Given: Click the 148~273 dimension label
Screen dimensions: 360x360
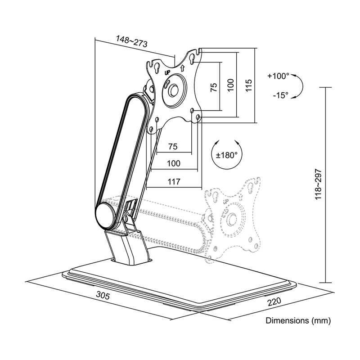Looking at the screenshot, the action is pyautogui.click(x=131, y=41).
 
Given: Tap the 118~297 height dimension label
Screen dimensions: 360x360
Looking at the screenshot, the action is pyautogui.click(x=318, y=184).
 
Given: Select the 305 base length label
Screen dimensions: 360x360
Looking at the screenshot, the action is pyautogui.click(x=103, y=295).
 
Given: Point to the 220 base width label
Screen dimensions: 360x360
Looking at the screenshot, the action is pyautogui.click(x=274, y=301).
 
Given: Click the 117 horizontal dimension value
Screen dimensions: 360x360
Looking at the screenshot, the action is pyautogui.click(x=174, y=182).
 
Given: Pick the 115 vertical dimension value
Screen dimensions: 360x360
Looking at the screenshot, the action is pyautogui.click(x=249, y=85).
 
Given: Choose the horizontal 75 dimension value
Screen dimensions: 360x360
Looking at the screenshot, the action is pyautogui.click(x=173, y=147).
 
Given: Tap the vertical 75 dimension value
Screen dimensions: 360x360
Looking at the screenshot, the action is pyautogui.click(x=213, y=87).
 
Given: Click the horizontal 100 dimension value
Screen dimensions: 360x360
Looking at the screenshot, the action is pyautogui.click(x=174, y=163).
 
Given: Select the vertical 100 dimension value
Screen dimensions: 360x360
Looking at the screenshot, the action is pyautogui.click(x=231, y=85).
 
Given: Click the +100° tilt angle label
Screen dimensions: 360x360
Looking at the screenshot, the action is pyautogui.click(x=278, y=76).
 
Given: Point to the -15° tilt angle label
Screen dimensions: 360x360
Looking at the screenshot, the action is pyautogui.click(x=280, y=95).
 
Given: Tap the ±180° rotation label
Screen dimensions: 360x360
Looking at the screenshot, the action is pyautogui.click(x=226, y=155).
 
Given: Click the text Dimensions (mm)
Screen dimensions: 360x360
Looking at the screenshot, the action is pyautogui.click(x=298, y=320).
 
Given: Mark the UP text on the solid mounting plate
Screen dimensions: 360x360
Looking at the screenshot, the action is pyautogui.click(x=167, y=73).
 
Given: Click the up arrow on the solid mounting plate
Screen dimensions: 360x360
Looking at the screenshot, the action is pyautogui.click(x=183, y=68).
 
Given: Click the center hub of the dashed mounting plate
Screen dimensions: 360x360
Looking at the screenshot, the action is pyautogui.click(x=231, y=219).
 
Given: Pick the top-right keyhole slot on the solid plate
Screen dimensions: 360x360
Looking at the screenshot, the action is pyautogui.click(x=192, y=59).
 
